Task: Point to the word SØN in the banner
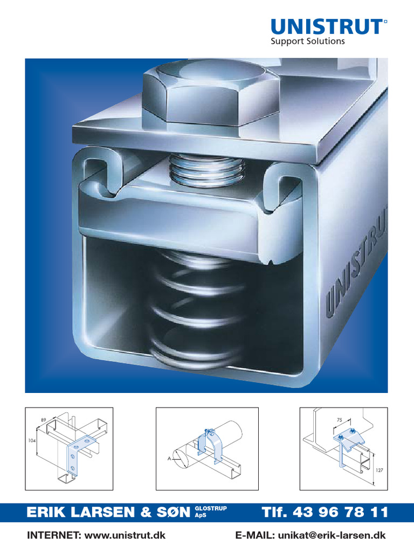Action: click(x=171, y=513)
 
